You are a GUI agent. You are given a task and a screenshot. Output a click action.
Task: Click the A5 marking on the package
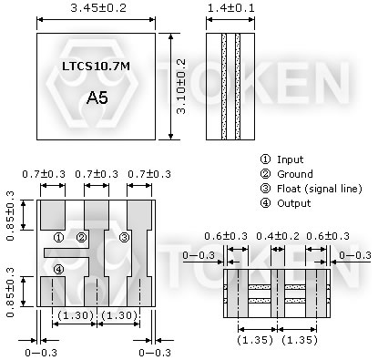[96, 97]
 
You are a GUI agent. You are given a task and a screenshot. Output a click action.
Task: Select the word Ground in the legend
[293, 173]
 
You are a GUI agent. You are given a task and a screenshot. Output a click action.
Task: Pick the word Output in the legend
[293, 202]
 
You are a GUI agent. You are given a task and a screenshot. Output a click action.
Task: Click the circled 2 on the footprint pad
[81, 238]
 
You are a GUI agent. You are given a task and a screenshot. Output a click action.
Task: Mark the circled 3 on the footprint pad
[124, 238]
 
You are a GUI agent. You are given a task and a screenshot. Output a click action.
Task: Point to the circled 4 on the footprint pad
[57, 268]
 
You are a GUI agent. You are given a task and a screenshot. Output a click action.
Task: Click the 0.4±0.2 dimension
[274, 235]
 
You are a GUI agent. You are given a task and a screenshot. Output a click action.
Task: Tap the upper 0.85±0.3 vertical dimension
[11, 211]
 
